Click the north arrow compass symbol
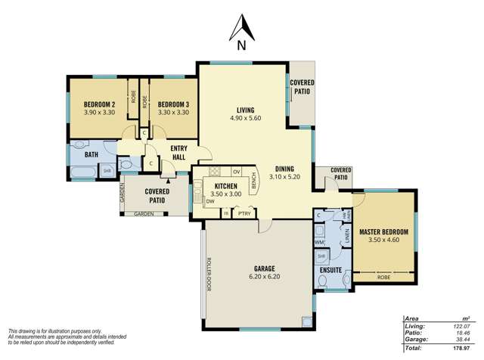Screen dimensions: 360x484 coord(241,35)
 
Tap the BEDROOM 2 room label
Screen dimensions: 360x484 coord(98,104)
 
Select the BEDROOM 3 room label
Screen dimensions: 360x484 coord(173,104)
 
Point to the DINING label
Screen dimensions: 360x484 coord(284,169)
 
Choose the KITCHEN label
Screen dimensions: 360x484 coord(226,185)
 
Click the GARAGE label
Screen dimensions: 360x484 coord(259,268)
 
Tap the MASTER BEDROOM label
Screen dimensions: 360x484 coord(384,231)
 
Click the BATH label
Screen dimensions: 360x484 coord(92,155)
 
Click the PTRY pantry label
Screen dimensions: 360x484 coord(244,214)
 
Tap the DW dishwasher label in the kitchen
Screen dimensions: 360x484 coord(209,201)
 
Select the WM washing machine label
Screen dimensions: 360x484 coord(319,242)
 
